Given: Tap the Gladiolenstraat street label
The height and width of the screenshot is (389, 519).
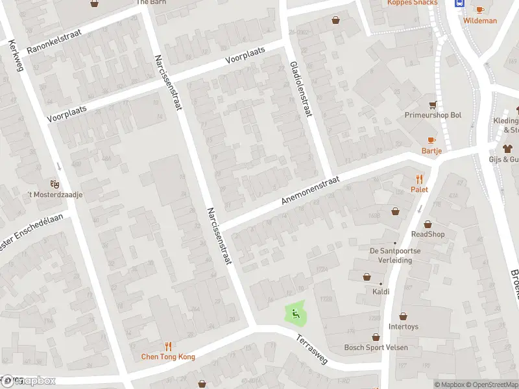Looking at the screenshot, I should [x=301, y=90].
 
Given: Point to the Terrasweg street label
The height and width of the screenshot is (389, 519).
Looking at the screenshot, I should [x=313, y=349].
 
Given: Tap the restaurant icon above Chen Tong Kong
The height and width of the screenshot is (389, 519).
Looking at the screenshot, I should [x=168, y=346].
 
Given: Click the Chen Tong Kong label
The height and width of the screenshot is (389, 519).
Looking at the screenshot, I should [x=168, y=357].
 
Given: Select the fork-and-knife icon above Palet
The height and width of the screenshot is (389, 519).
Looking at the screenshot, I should [x=419, y=179].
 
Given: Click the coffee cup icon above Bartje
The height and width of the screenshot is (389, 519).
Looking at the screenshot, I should [x=431, y=140].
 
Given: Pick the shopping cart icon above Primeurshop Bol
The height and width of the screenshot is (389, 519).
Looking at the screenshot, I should [x=432, y=104].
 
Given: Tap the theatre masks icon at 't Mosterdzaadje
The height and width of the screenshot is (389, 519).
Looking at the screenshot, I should [x=54, y=185].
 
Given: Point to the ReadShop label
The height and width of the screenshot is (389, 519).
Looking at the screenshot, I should [x=428, y=234].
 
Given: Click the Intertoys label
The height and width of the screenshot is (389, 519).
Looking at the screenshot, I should [x=403, y=327].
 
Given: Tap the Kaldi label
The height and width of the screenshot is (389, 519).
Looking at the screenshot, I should [x=381, y=292].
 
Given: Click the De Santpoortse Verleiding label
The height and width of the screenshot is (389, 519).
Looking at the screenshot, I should [x=391, y=255].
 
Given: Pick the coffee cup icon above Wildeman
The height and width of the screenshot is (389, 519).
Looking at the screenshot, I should [x=479, y=10].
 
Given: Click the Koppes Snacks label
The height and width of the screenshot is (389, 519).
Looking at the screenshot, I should [x=412, y=3].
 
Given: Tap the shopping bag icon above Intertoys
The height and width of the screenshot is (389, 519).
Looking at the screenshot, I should [x=403, y=316].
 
